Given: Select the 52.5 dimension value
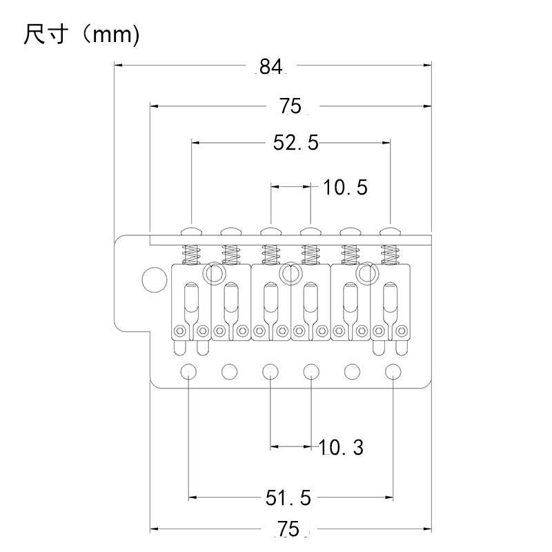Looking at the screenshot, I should tap(296, 143).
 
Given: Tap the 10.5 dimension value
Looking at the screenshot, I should tap(345, 187).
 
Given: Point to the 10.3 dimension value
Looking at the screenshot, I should tap(341, 447).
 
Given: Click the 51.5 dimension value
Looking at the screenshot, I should tap(289, 497).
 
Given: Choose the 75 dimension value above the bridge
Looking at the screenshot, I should tap(290, 106).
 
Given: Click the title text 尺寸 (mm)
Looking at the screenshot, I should tap(81, 34).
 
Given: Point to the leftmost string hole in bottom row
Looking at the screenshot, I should tap(188, 371).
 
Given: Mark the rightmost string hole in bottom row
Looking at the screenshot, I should tap(393, 371).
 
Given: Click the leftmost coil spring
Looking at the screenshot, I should tap(191, 255).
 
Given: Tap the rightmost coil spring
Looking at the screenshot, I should tap(391, 255).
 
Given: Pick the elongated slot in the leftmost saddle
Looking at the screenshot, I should tap(190, 302).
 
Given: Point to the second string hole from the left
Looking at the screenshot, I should tap(228, 371).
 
